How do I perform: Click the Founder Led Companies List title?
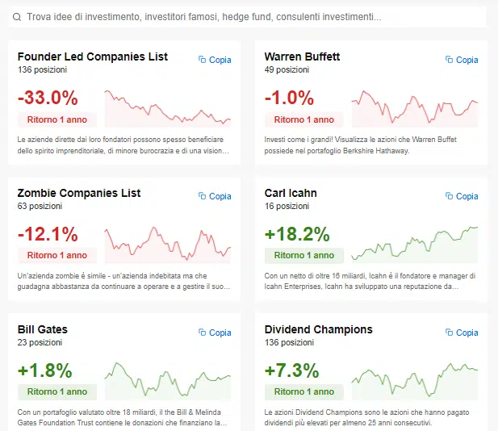pos(93,56)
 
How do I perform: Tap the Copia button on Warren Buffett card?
pos(462,60)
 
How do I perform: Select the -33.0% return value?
pos(48,98)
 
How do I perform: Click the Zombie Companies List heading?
pos(79,193)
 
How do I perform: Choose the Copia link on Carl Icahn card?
pos(462,196)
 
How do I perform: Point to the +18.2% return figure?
pos(297,234)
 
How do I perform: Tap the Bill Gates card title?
pos(43,329)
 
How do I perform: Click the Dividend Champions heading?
pos(319,329)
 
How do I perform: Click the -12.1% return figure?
pos(48,234)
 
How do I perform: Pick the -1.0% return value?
pos(289,98)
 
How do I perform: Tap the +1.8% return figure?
pos(45,370)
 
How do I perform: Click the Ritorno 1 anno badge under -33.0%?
pos(57,119)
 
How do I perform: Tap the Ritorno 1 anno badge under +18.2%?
pos(304,256)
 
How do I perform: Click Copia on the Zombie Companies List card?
pos(215,196)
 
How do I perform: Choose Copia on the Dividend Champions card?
pos(462,333)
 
